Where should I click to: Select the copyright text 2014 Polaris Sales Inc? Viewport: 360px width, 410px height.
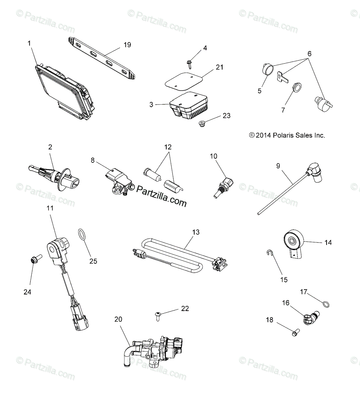click(287, 135)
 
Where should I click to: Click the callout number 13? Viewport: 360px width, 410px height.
click(196, 232)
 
